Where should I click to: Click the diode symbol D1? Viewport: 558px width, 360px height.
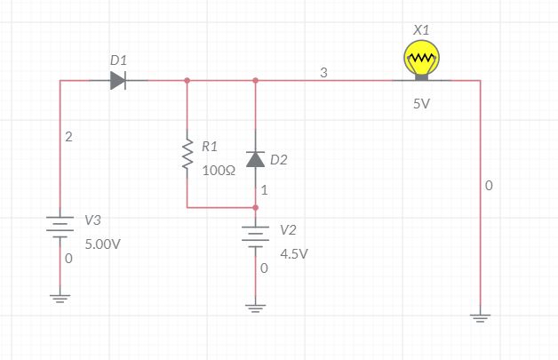118,81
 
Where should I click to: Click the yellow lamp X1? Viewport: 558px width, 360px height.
421,61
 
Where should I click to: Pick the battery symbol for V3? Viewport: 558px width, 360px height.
60,227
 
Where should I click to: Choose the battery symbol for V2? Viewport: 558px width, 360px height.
255,236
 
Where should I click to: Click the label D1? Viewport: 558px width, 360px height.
118,60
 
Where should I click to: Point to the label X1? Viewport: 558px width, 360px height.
421,30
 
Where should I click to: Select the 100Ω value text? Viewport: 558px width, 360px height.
218,171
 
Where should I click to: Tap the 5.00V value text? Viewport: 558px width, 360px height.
102,244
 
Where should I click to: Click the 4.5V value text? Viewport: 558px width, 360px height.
294,252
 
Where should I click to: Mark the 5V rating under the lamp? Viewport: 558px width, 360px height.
422,104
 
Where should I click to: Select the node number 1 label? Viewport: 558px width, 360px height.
264,189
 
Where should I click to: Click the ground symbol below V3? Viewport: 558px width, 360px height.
60,299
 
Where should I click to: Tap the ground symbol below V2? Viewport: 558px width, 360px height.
255,308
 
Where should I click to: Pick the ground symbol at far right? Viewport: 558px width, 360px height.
480,316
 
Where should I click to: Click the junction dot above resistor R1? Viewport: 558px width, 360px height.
187,81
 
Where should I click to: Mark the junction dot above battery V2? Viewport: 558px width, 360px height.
255,207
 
